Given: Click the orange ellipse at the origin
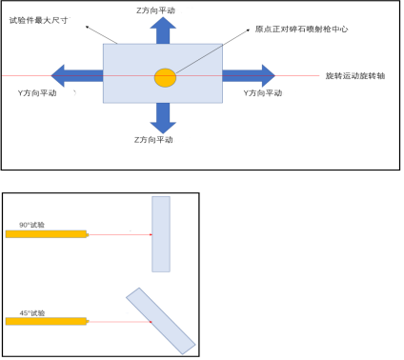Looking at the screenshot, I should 166,76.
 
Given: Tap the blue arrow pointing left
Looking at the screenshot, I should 75,74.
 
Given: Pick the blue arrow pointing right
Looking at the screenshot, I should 249,74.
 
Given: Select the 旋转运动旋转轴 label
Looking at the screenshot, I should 355,74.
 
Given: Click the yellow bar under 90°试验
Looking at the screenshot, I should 46,233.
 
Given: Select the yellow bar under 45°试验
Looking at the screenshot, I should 46,322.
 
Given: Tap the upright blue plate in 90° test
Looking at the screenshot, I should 161,234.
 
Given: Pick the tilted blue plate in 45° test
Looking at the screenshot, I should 160,320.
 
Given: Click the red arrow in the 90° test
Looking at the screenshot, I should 119,233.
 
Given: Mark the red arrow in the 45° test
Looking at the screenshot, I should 119,322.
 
